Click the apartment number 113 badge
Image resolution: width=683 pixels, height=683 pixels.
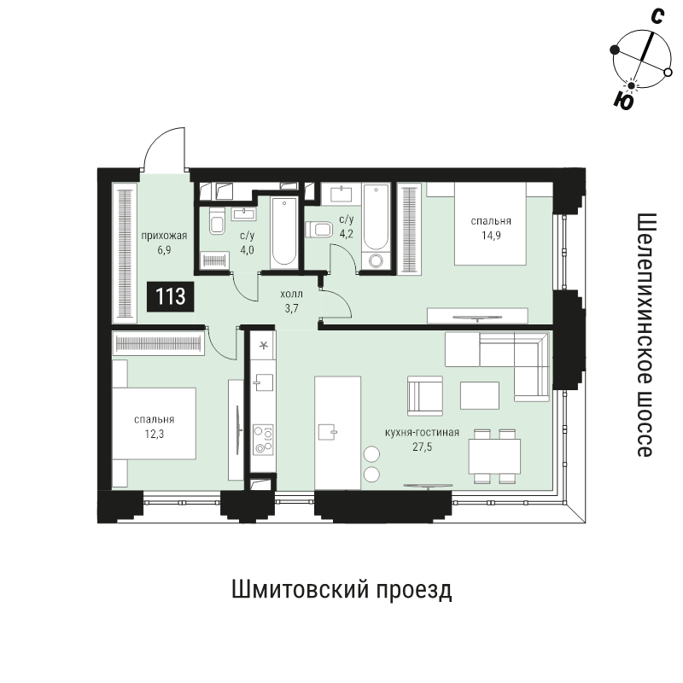[x=170, y=297]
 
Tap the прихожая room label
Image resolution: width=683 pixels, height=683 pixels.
[x=164, y=236]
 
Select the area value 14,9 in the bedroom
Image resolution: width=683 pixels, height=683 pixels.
[x=491, y=236]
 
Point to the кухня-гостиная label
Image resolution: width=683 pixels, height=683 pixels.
[x=422, y=432]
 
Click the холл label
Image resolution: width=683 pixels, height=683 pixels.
[x=291, y=294]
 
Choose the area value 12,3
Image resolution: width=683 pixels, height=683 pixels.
[x=155, y=435]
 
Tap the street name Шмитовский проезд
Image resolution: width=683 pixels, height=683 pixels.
[x=341, y=591]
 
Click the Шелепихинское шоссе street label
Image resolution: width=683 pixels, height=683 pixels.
[x=645, y=335]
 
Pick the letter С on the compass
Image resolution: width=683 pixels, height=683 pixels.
[x=657, y=16]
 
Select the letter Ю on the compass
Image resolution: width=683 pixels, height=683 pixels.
[x=623, y=102]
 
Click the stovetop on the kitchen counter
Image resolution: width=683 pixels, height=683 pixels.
[x=264, y=440]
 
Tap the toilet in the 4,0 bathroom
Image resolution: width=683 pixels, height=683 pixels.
[x=217, y=221]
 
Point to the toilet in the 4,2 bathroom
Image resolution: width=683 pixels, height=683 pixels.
[x=318, y=230]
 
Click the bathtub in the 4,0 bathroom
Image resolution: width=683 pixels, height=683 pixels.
[x=284, y=232]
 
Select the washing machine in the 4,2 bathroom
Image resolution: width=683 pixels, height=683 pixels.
[x=376, y=260]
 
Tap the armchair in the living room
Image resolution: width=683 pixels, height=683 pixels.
[x=425, y=396]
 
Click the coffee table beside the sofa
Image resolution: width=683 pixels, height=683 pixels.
[x=480, y=395]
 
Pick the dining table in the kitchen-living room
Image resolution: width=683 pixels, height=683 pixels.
[x=495, y=457]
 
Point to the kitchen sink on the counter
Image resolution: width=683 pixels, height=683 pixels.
[x=264, y=382]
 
